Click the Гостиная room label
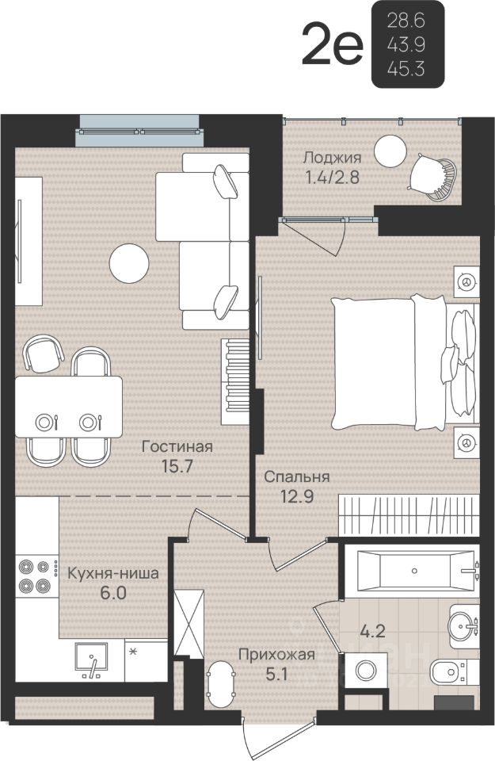[x=177, y=446]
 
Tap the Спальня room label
[x=297, y=476]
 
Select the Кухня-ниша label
[x=113, y=573]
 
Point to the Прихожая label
[x=277, y=655]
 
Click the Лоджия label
[x=332, y=158]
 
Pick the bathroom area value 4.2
[x=372, y=631]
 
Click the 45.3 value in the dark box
[x=406, y=70]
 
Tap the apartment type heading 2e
[x=332, y=45]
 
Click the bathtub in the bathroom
[x=416, y=571]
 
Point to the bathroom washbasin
[x=464, y=626]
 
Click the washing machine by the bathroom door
[x=366, y=671]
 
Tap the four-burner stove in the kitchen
[x=34, y=576]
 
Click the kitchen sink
[x=91, y=660]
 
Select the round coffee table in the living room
[x=129, y=263]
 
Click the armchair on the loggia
[x=433, y=177]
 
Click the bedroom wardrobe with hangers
[x=409, y=514]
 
